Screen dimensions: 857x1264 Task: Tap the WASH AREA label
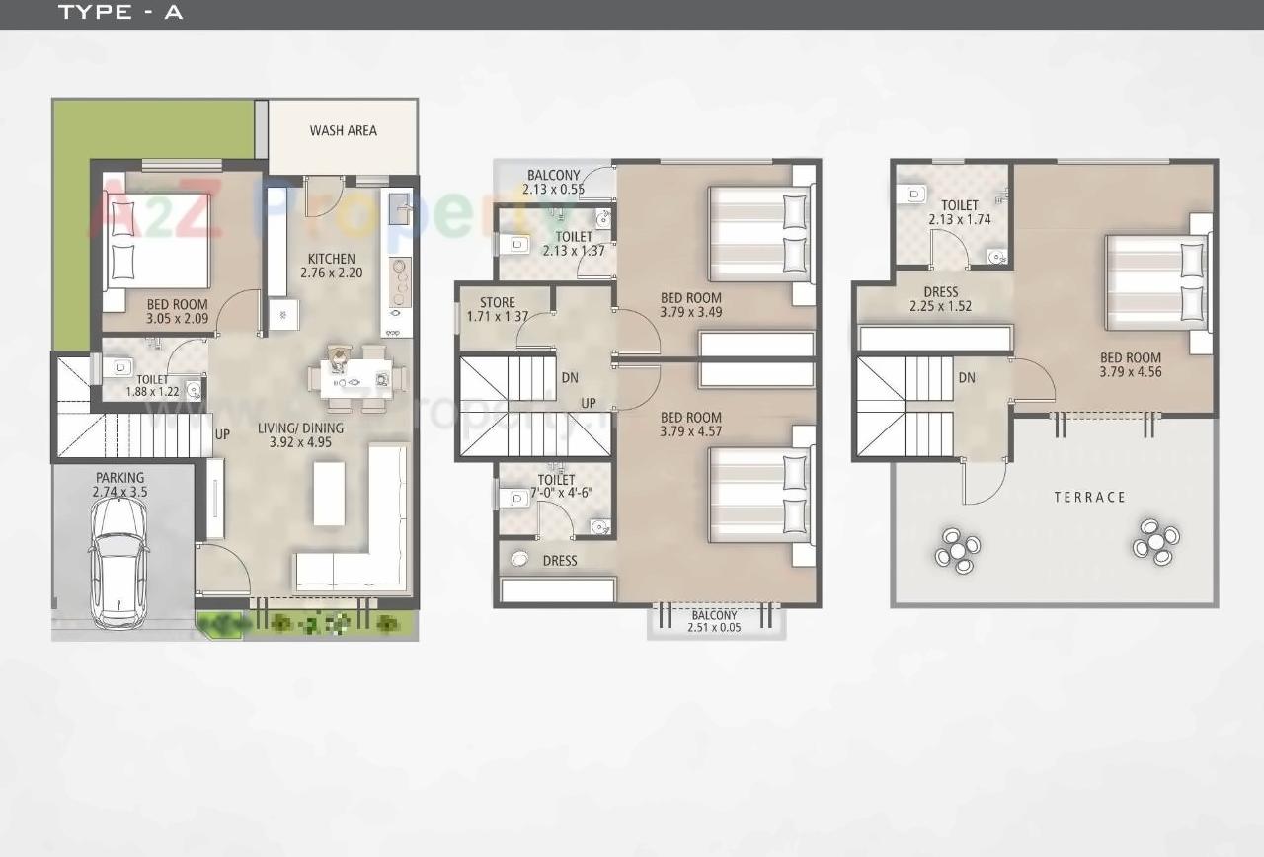pos(343,130)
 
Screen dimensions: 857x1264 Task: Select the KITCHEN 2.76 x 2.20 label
pos(331,266)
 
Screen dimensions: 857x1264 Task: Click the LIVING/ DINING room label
pos(301,435)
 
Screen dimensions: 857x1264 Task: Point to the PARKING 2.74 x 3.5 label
pos(119,484)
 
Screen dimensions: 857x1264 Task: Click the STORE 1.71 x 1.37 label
pos(498,310)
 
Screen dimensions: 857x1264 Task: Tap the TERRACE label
pos(1089,497)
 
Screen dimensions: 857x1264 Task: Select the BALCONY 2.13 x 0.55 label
pos(553,183)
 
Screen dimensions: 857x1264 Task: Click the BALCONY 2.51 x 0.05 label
pos(715,621)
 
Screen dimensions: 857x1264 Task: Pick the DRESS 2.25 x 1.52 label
pos(940,299)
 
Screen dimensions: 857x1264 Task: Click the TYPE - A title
pos(120,13)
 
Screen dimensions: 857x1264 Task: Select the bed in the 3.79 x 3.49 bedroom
pos(760,232)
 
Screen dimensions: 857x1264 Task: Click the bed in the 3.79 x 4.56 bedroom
pos(1156,282)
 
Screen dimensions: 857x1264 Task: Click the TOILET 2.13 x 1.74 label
pos(960,213)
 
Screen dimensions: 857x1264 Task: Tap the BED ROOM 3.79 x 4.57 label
pos(690,424)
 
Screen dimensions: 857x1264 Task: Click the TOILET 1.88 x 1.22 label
pos(152,385)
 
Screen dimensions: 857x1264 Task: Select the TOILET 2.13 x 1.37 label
pos(573,244)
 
